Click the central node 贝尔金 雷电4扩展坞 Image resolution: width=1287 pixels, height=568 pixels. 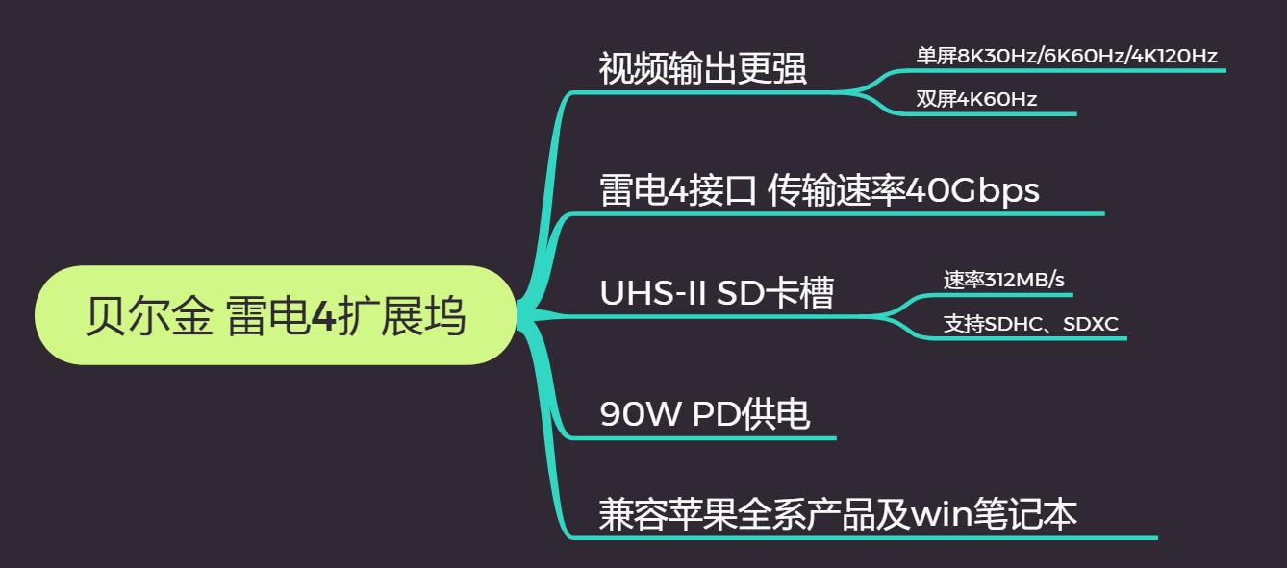[275, 316]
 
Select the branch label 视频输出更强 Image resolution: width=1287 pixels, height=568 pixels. [702, 69]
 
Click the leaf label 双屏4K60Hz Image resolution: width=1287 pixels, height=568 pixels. [975, 99]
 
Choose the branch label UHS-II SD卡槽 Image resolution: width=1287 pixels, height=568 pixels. [716, 293]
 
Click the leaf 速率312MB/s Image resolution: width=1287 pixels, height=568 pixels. [1003, 280]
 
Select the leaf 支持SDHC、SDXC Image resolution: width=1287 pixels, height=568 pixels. [1030, 324]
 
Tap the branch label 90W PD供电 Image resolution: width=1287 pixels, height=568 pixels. [704, 414]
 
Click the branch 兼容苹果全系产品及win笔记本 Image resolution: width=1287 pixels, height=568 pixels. [837, 514]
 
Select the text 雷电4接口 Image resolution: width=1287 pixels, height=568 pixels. [678, 190]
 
